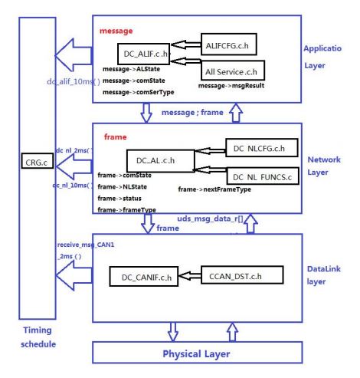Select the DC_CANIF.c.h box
coord(143,274)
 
